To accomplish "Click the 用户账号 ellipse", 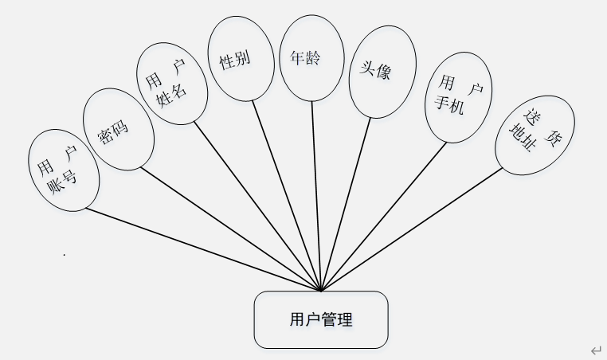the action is (63, 170).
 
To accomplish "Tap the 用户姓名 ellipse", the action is (171, 83).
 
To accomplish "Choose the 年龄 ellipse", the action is (311, 59).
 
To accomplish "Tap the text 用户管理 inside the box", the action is (321, 320).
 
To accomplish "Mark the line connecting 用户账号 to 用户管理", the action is (204, 249).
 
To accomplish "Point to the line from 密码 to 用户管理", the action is (231, 229).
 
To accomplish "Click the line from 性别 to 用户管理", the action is (287, 194).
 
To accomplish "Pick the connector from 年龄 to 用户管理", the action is (316, 195).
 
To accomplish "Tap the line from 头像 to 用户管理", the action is (345, 204).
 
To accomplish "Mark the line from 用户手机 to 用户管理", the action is (384, 215).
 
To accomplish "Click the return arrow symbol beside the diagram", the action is (595, 350).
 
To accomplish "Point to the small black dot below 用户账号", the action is (64, 255).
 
